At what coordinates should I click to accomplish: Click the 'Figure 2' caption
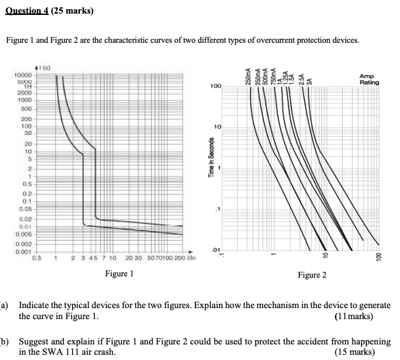312,276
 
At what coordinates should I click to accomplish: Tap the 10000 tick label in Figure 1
25,76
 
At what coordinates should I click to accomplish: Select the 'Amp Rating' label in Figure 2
369,79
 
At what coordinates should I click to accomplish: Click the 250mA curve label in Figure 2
247,75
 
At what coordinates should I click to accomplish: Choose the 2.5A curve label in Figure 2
301,78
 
